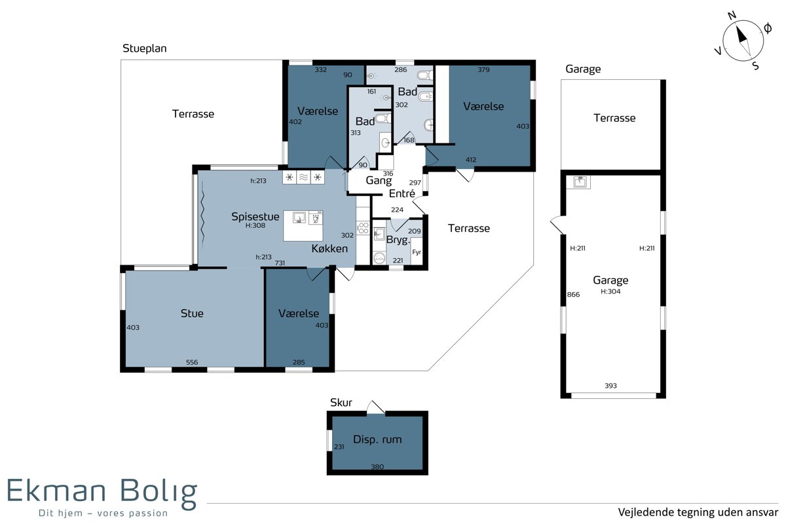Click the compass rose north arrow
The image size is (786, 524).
[x=741, y=35]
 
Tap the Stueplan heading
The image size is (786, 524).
[x=144, y=48]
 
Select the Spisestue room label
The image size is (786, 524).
[x=255, y=217]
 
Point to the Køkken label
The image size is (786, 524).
[x=329, y=248]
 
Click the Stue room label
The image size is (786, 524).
[x=192, y=313]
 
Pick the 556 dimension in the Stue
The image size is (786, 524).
[x=192, y=362]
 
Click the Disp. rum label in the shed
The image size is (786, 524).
[x=377, y=440]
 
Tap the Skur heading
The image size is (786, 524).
[x=341, y=403]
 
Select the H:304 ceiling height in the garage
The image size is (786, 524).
[x=610, y=291]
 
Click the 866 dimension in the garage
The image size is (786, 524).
[x=573, y=295]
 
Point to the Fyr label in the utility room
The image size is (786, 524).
[x=417, y=252]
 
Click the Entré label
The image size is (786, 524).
[x=402, y=193]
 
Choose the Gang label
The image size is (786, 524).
[x=379, y=180]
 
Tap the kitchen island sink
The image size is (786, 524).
[x=299, y=217]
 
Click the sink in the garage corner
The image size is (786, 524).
[x=580, y=182]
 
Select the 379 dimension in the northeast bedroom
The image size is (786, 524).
[x=483, y=69]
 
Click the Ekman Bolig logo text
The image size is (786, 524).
[x=102, y=492]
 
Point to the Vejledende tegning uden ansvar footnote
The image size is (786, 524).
[x=698, y=512]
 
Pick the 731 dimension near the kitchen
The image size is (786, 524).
[x=280, y=263]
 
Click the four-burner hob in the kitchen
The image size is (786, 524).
[x=363, y=228]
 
